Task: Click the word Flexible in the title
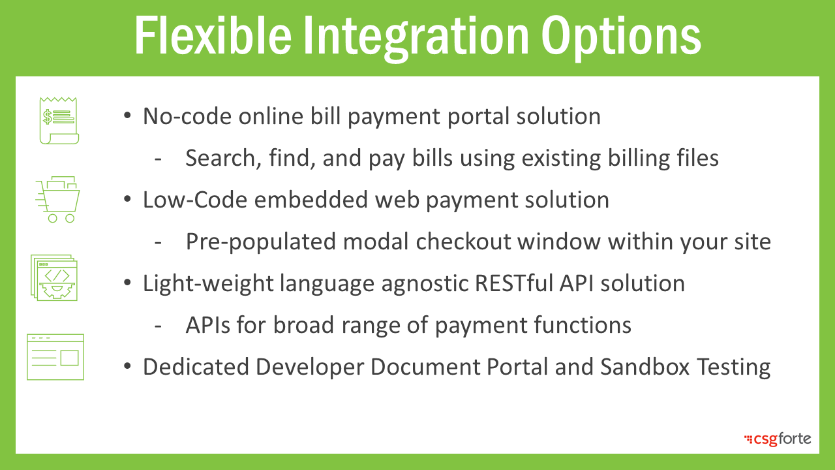[213, 35]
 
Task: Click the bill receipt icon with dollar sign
[59, 121]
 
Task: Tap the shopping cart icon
[58, 200]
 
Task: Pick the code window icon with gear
[54, 277]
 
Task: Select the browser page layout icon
[55, 357]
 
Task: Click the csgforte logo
[778, 439]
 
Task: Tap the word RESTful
[513, 283]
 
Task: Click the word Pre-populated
[260, 242]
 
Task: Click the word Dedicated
[196, 367]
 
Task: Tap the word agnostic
[424, 284]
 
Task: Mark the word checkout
[463, 242]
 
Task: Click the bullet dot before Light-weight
[127, 283]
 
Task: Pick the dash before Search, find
[158, 159]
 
